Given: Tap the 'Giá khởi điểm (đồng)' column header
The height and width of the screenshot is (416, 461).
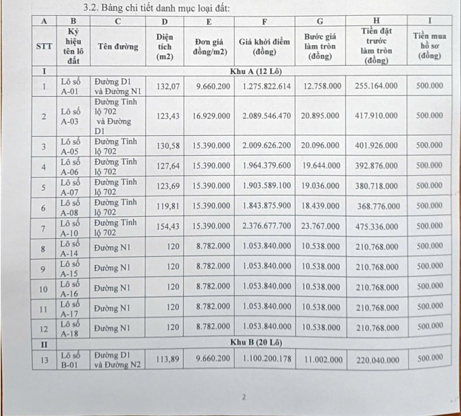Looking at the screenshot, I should pos(265,47).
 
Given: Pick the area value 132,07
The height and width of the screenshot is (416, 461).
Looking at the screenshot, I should pos(167,86).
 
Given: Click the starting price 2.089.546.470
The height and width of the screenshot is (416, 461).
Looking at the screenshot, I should pos(266,117).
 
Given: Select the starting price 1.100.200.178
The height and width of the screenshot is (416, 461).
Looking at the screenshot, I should pos(266,358).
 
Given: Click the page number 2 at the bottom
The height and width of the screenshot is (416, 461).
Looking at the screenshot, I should pos(243,397).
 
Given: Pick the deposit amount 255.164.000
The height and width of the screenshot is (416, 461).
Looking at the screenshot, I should pos(377,86).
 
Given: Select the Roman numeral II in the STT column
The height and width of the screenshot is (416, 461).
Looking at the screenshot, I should pos(44,341).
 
